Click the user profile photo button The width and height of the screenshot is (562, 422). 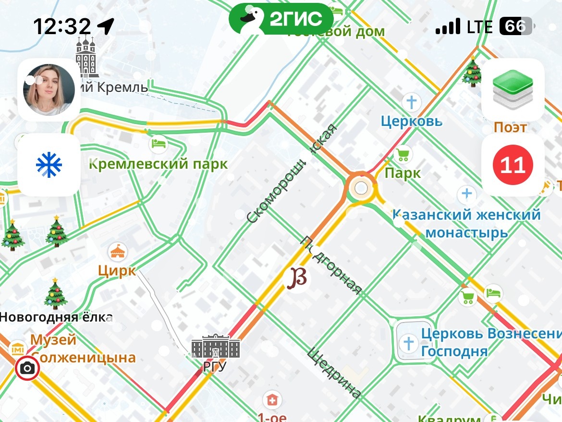[49, 90]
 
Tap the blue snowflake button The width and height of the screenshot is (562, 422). [49, 165]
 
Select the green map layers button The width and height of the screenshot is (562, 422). [513, 90]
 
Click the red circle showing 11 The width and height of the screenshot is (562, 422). [513, 165]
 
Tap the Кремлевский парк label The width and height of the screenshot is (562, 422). [159, 164]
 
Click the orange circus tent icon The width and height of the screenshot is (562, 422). [117, 251]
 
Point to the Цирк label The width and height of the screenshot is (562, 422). [117, 271]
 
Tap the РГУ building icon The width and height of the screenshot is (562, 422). [216, 346]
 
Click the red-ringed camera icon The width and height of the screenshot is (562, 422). [27, 369]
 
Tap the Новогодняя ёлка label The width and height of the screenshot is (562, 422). [56, 317]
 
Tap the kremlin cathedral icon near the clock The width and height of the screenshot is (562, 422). [86, 57]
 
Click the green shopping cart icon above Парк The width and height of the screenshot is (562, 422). [403, 155]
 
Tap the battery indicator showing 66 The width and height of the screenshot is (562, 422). [515, 27]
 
